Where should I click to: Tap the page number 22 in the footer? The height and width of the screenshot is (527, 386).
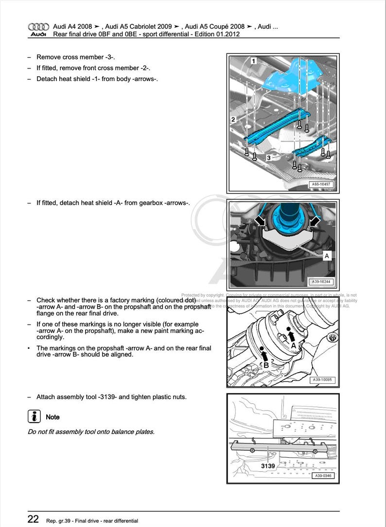[33, 519]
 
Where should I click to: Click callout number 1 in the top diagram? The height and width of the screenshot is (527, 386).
[254, 61]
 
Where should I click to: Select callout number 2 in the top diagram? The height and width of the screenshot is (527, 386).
[233, 119]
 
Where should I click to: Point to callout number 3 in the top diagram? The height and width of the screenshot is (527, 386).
[268, 158]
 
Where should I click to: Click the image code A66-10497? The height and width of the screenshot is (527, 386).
[321, 184]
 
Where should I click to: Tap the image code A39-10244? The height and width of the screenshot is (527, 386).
[321, 281]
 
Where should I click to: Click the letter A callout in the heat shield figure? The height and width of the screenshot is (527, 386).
[327, 256]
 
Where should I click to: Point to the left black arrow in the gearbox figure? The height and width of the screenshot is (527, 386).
[261, 221]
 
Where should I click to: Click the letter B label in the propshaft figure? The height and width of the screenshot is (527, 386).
[265, 364]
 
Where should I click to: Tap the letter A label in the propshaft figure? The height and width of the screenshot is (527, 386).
[293, 345]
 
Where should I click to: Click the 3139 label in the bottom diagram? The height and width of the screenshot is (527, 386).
[268, 466]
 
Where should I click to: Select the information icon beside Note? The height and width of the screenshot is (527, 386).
[34, 416]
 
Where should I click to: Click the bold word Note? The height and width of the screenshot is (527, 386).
[53, 417]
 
